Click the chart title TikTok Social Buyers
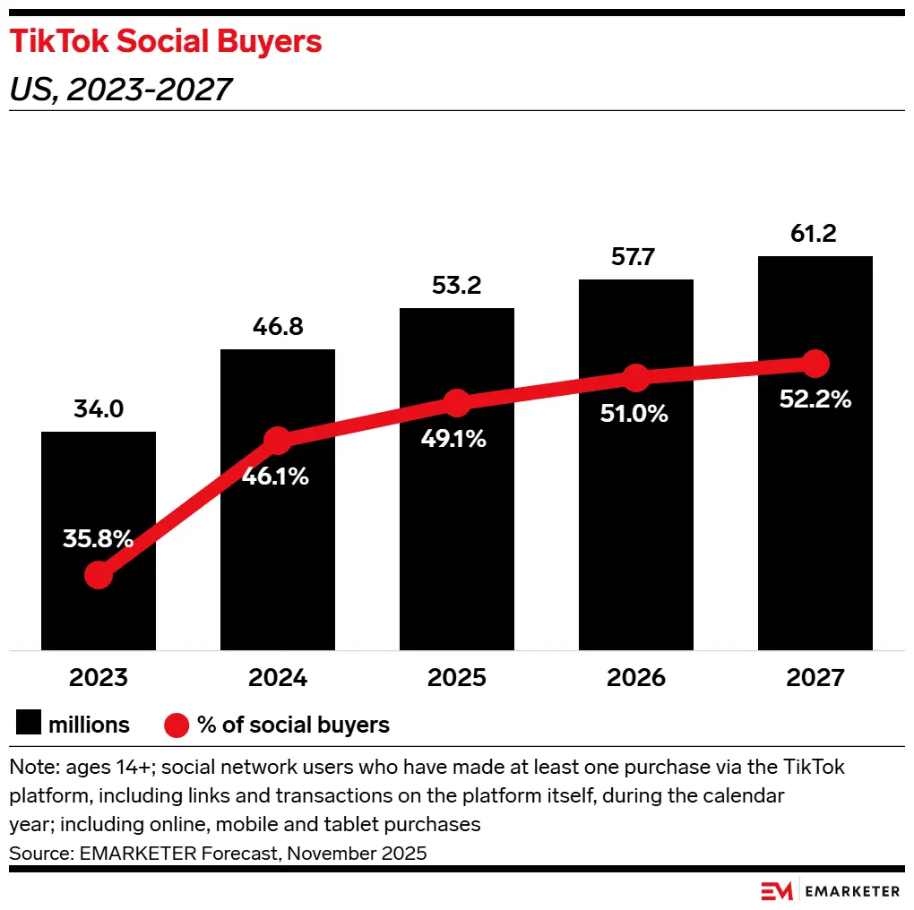pos(166,42)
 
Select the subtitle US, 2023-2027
pos(121,90)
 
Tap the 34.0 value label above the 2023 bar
pos(98,410)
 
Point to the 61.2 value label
pos(815,235)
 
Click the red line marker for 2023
pos(99,575)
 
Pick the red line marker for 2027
pos(815,364)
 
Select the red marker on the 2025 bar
pos(457,403)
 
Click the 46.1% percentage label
pos(276,477)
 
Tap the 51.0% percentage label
pos(635,414)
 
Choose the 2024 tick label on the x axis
pos(277,677)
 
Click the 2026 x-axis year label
pos(635,677)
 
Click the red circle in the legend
pos(176,724)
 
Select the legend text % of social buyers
pos(294,725)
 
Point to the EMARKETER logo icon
pos(776,891)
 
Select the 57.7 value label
pos(635,258)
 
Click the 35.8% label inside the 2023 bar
pos(98,539)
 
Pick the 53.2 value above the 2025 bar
pos(456,287)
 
